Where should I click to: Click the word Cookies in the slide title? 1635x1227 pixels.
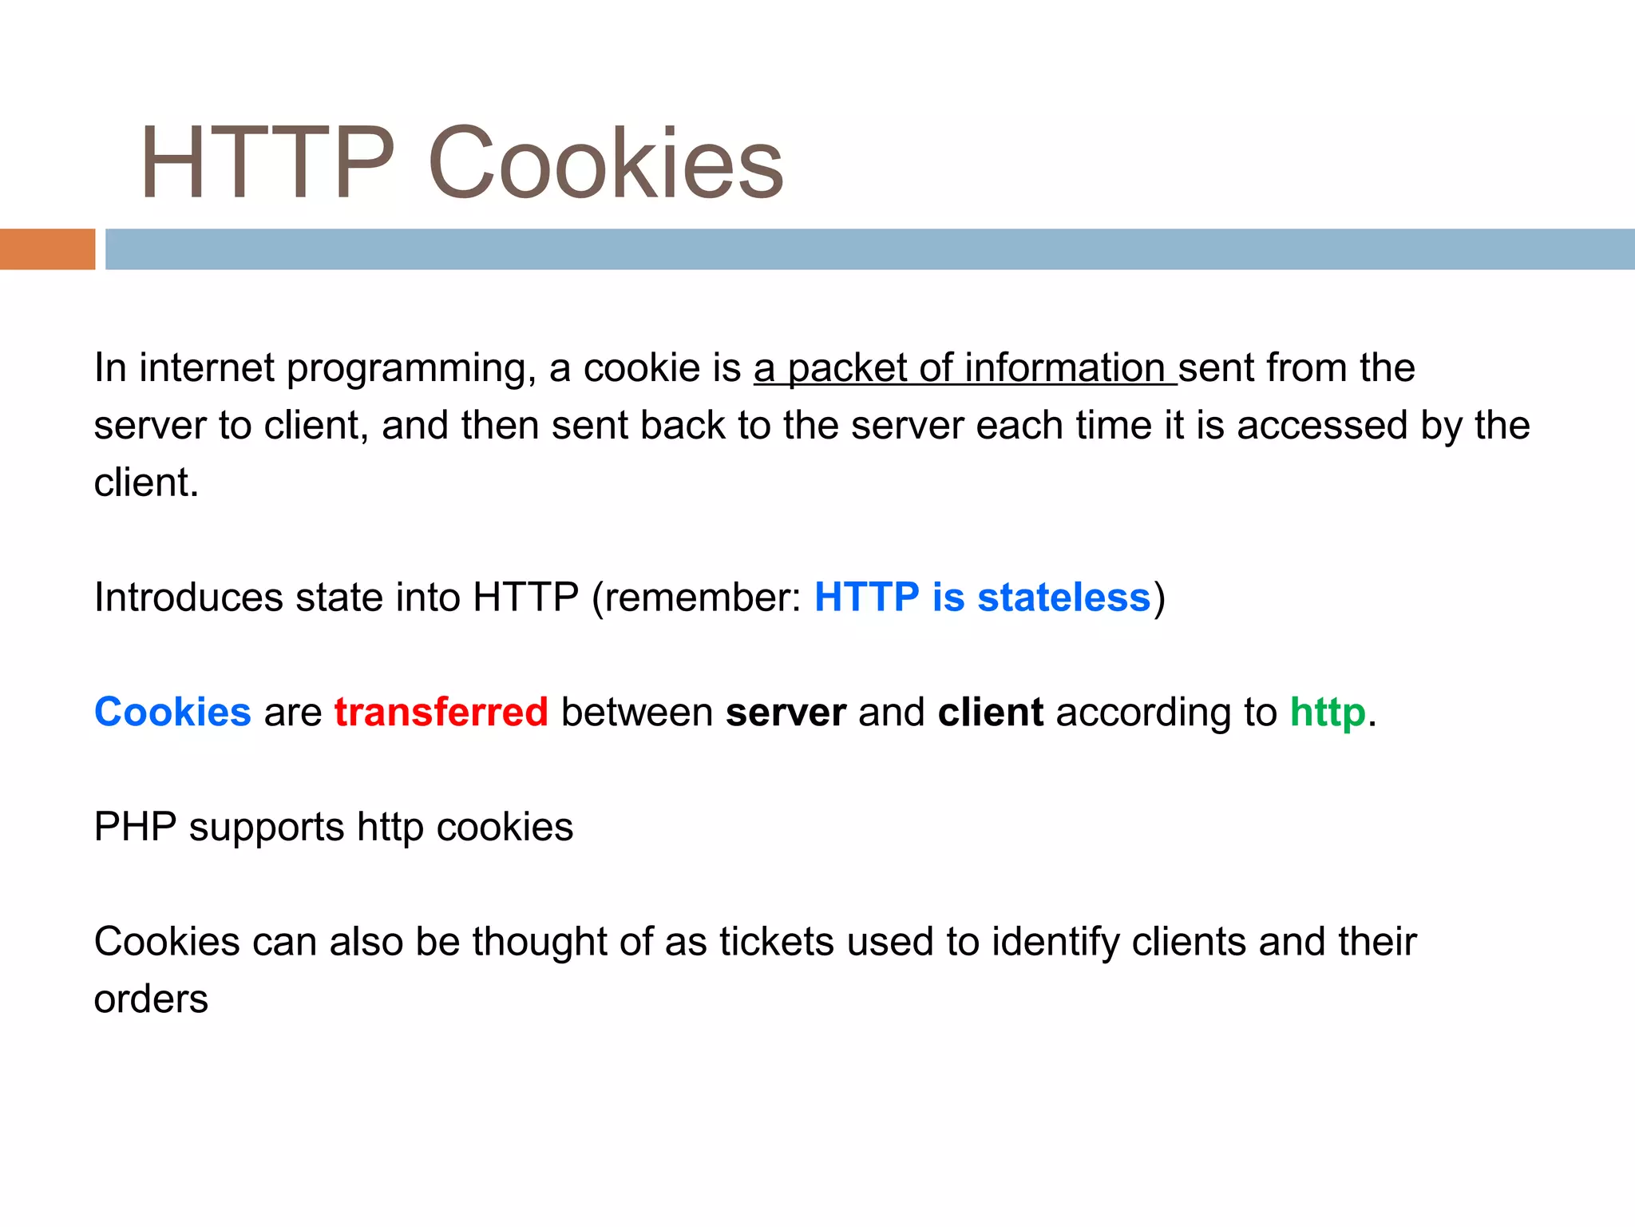pyautogui.click(x=605, y=164)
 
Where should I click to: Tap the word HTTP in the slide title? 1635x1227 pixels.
pyautogui.click(x=267, y=164)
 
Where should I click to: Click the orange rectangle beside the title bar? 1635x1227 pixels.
pyautogui.click(x=47, y=249)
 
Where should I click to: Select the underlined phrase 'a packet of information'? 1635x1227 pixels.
pyautogui.click(x=964, y=368)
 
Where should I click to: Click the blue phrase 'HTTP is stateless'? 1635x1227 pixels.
pyautogui.click(x=982, y=598)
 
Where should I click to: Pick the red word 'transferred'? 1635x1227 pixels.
pyautogui.click(x=441, y=712)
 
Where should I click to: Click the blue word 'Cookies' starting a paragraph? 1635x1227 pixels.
pyautogui.click(x=172, y=712)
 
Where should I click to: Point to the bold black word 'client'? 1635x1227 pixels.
pyautogui.click(x=990, y=712)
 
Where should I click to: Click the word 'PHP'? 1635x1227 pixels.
pyautogui.click(x=135, y=827)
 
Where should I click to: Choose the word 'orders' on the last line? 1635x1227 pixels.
pyautogui.click(x=151, y=999)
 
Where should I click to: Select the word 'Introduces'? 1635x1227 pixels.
pyautogui.click(x=188, y=598)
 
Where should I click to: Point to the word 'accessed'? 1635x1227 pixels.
pyautogui.click(x=1322, y=426)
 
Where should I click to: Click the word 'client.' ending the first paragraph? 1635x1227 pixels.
pyautogui.click(x=146, y=483)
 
